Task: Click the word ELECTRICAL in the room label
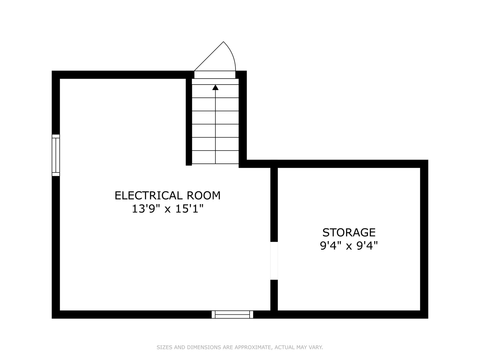[148, 195]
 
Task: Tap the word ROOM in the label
[204, 195]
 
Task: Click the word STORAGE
[349, 232]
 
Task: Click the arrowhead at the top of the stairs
[215, 87]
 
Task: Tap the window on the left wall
[56, 155]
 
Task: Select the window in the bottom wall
[232, 314]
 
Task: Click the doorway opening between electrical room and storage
[274, 261]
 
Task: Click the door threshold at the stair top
[215, 74]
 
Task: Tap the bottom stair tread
[215, 157]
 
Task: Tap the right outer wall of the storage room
[424, 239]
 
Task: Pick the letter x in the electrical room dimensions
[168, 210]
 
